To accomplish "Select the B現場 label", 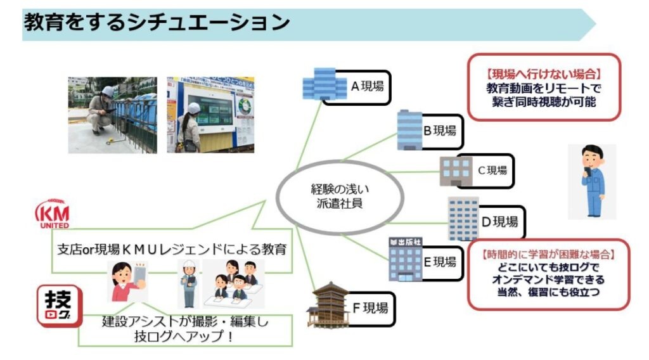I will pyautogui.click(x=440, y=130).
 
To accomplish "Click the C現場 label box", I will pyautogui.click(x=492, y=170).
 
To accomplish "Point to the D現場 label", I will pyautogui.click(x=499, y=221).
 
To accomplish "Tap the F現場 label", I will pyautogui.click(x=369, y=309).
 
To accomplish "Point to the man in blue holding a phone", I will pyautogui.click(x=592, y=181).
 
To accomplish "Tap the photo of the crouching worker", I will pyautogui.click(x=112, y=115).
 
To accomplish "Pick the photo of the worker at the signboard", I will pyautogui.click(x=210, y=115).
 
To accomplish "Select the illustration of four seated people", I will pyautogui.click(x=234, y=280).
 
